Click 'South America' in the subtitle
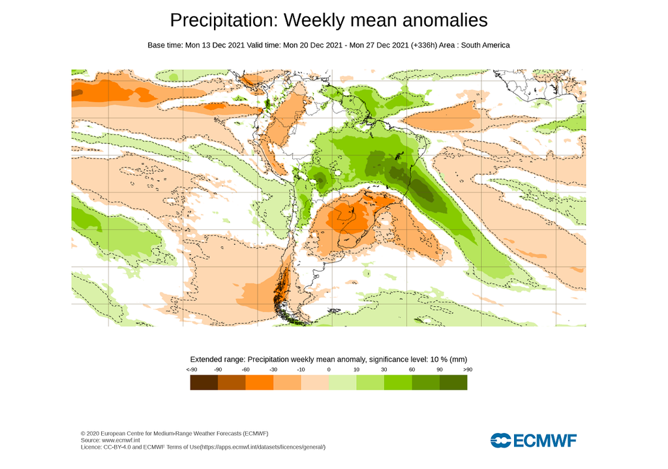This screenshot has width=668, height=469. (x=485, y=45)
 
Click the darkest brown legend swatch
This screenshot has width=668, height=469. (x=204, y=383)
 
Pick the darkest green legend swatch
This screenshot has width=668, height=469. (x=453, y=383)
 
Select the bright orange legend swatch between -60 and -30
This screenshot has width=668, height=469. (x=259, y=383)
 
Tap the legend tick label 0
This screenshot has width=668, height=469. (x=328, y=370)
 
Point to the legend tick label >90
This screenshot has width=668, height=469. (x=466, y=370)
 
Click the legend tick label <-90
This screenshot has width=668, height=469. (x=191, y=370)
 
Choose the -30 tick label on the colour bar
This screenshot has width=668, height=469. (x=273, y=370)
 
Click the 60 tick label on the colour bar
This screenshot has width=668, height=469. (x=412, y=370)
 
